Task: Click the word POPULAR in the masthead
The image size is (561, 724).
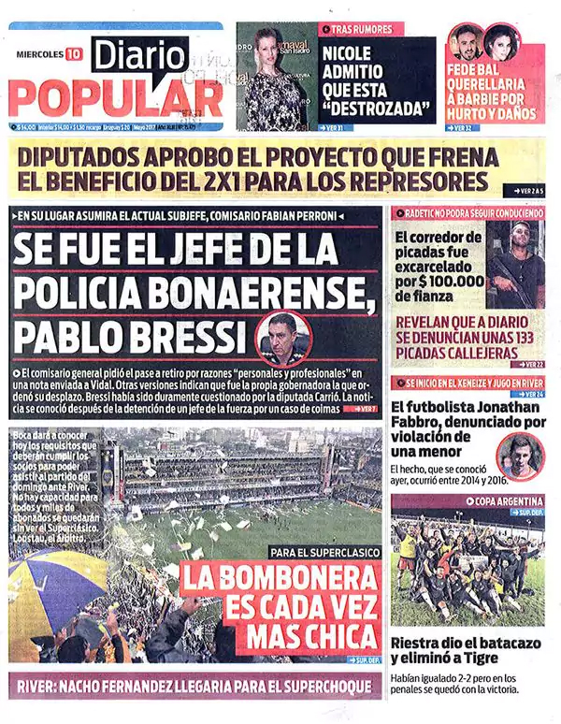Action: pyautogui.click(x=116, y=96)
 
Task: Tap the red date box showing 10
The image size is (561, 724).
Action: pyautogui.click(x=73, y=53)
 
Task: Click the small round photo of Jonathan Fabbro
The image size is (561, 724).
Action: pyautogui.click(x=519, y=456)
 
